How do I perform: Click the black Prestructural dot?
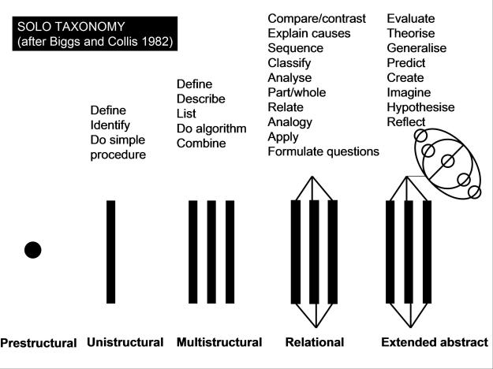[32, 250]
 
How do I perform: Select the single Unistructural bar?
[110, 252]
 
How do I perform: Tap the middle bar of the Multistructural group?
[211, 252]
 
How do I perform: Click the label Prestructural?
[39, 343]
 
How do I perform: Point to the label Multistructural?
[219, 342]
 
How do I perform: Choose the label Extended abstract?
[435, 342]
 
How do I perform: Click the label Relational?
[315, 342]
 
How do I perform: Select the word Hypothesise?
[420, 107]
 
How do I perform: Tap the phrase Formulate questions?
[323, 151]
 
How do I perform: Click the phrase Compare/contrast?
[316, 19]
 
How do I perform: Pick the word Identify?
[110, 125]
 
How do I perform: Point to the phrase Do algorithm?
[211, 129]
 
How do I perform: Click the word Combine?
[201, 143]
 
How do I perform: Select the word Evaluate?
[411, 19]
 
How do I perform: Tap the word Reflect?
[406, 122]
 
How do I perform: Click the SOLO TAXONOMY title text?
[71, 27]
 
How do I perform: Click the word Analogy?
[290, 122]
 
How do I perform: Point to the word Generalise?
[416, 48]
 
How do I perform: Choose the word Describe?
[201, 99]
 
